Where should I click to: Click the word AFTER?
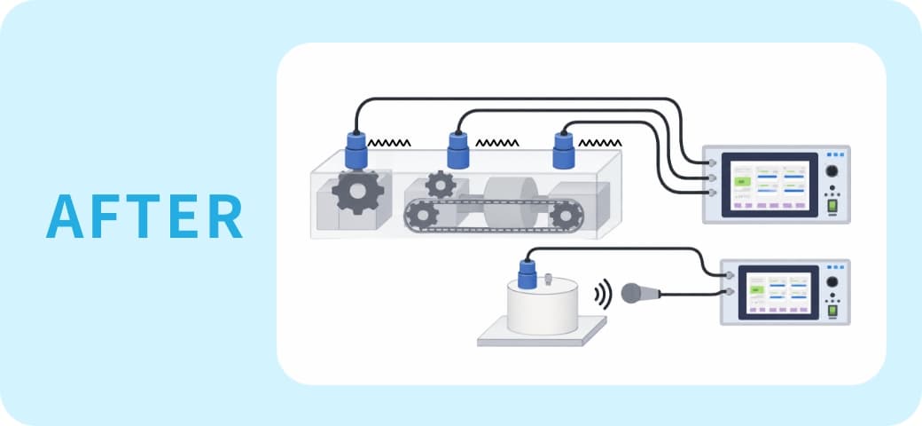point(144,216)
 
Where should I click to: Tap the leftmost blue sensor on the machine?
point(356,150)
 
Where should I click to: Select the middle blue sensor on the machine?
point(458,150)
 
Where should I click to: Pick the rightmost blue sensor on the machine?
point(563,150)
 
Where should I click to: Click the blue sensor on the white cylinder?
point(527,273)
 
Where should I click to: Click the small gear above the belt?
point(441,185)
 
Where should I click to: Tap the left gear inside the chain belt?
point(422,215)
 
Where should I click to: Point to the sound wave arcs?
point(603,294)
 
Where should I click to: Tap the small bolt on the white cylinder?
point(549,279)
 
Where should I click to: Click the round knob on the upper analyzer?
point(832,171)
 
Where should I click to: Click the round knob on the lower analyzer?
point(832,282)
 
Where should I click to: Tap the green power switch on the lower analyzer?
point(832,310)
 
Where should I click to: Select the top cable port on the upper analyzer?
point(711,162)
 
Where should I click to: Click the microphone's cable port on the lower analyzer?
point(729,292)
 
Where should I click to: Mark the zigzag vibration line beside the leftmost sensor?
point(389,143)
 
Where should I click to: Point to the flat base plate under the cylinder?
point(542,331)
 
